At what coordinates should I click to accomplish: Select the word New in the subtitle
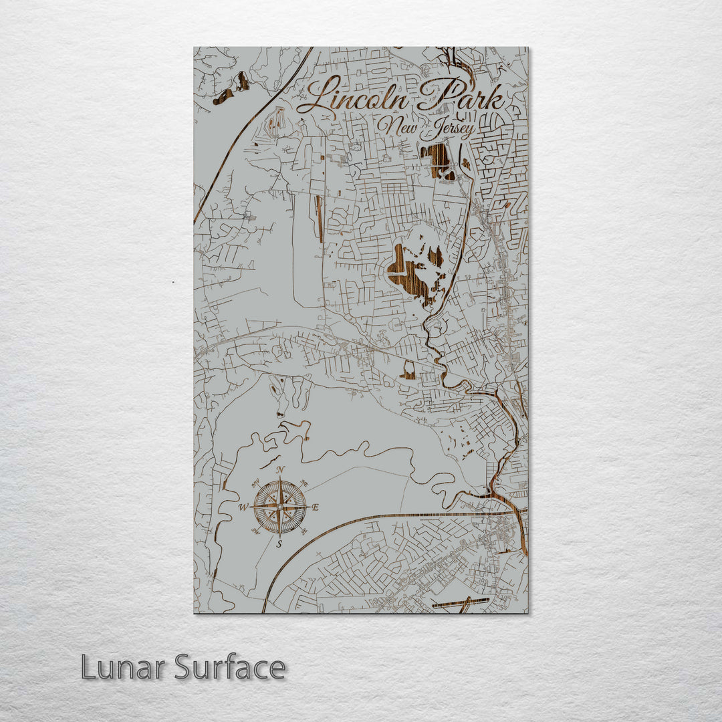[x=395, y=125]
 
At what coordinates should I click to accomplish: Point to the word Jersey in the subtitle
[x=448, y=129]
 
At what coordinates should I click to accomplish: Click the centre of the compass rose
[x=279, y=507]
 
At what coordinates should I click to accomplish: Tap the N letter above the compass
[x=279, y=470]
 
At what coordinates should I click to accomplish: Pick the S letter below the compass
[x=279, y=544]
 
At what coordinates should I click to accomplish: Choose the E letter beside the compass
[x=316, y=507]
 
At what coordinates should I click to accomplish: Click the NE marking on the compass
[x=305, y=483]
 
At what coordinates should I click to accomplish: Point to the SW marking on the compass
[x=255, y=532]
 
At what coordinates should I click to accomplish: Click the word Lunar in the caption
[x=124, y=667]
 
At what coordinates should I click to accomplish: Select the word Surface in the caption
[x=230, y=667]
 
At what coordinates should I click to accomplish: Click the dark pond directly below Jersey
[x=439, y=160]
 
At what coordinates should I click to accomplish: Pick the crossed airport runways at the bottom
[x=461, y=603]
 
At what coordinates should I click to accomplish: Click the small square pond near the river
[x=408, y=370]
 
